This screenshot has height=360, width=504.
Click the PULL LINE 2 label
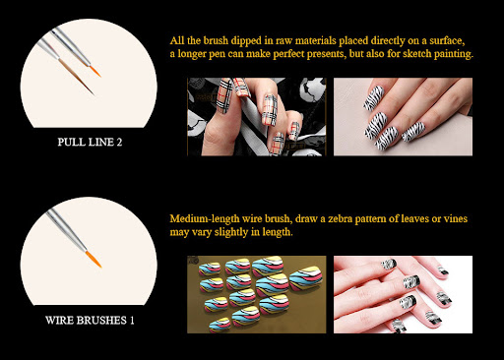pyautogui.click(x=90, y=142)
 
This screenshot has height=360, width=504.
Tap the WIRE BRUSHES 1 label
pyautogui.click(x=90, y=320)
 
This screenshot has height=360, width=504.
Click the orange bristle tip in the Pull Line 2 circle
pyautogui.click(x=94, y=71)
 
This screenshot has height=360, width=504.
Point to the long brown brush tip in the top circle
pyautogui.click(x=77, y=77)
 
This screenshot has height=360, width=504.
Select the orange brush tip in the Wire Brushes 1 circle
pyautogui.click(x=94, y=259)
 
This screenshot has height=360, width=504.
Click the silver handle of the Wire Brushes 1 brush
pyautogui.click(x=66, y=229)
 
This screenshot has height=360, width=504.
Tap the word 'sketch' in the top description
pyautogui.click(x=416, y=53)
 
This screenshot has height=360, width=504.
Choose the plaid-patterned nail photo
pyautogui.click(x=257, y=117)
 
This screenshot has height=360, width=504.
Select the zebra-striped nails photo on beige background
pyautogui.click(x=403, y=117)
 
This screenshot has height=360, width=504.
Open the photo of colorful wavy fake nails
pyautogui.click(x=257, y=294)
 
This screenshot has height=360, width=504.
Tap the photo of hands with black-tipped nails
pyautogui.click(x=403, y=294)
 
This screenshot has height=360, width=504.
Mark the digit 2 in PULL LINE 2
pyautogui.click(x=119, y=142)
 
